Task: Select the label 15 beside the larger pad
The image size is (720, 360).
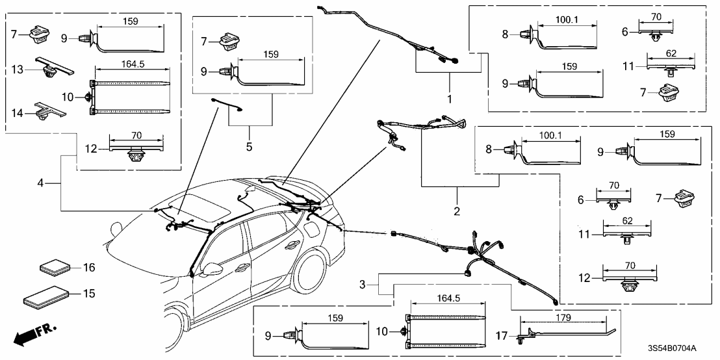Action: click(89, 294)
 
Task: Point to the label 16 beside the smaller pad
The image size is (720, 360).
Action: click(89, 266)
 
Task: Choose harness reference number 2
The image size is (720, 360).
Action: click(457, 211)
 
